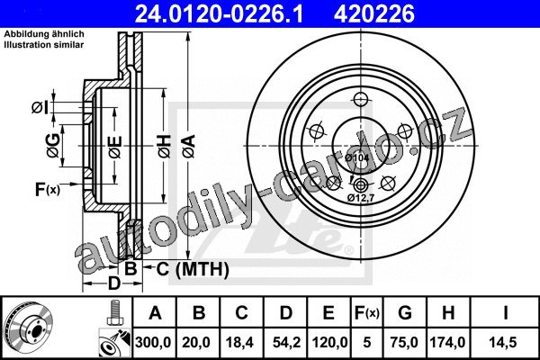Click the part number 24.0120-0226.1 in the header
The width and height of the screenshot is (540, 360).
[219, 13]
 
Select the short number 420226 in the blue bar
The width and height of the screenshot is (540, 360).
[374, 13]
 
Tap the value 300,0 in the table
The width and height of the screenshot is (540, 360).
[153, 342]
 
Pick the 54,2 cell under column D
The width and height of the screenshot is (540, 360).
[286, 342]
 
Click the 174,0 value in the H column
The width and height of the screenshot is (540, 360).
[448, 342]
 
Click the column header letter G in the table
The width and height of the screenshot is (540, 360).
[405, 313]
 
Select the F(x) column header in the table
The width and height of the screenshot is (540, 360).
[367, 313]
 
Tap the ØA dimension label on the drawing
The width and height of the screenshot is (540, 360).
[189, 146]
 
